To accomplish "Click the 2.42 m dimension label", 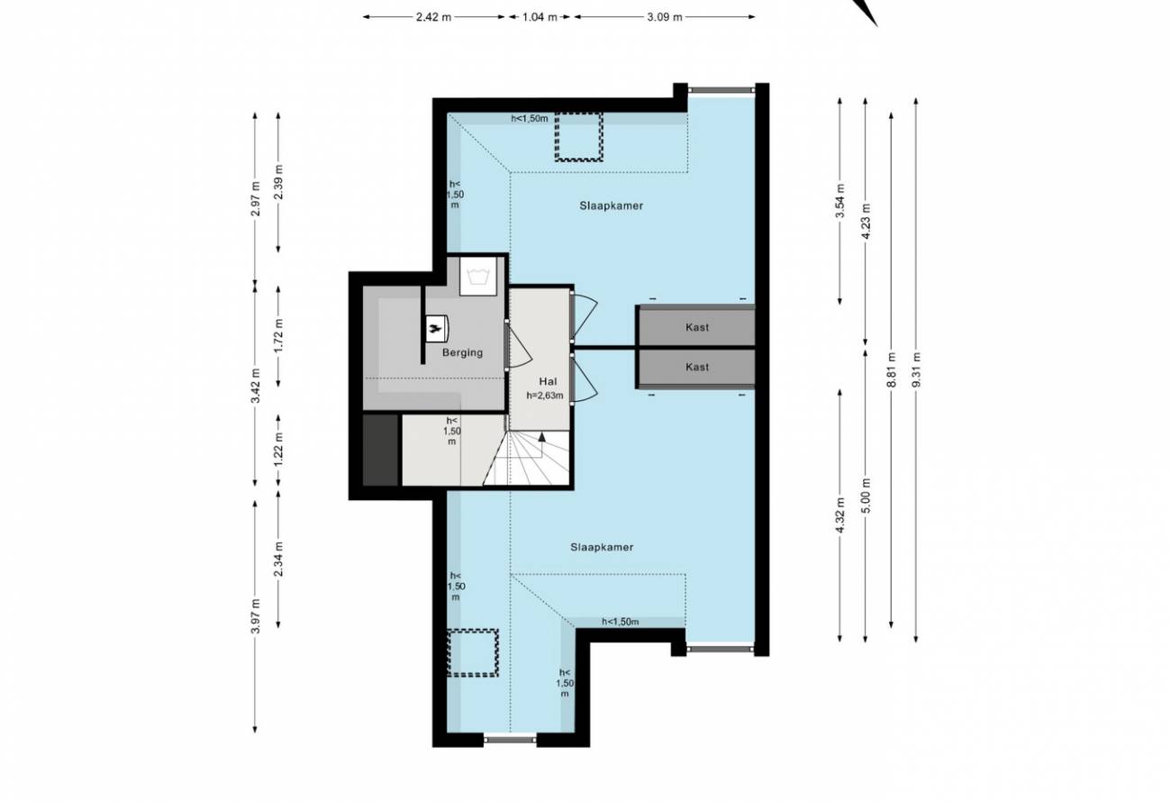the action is [x=433, y=17].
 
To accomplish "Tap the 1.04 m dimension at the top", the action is [x=540, y=17].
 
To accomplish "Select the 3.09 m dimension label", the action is [x=665, y=17].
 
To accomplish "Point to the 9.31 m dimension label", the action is [x=916, y=369].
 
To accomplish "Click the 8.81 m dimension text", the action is [x=892, y=369].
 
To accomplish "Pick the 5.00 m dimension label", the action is [x=866, y=496].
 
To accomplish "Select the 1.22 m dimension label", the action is [x=278, y=450].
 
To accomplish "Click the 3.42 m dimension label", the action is [x=255, y=386].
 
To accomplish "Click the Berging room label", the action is [x=462, y=353].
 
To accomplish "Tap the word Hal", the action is [x=548, y=382].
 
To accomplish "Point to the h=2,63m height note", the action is [x=545, y=396].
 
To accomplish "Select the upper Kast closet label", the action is [x=697, y=327].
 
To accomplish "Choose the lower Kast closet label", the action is [x=697, y=367].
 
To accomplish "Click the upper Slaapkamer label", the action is [x=611, y=206].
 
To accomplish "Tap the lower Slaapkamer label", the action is [x=602, y=547].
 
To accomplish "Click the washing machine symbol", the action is [x=477, y=276].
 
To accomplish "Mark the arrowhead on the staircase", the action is [x=541, y=436].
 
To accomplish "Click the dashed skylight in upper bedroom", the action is [x=578, y=136].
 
